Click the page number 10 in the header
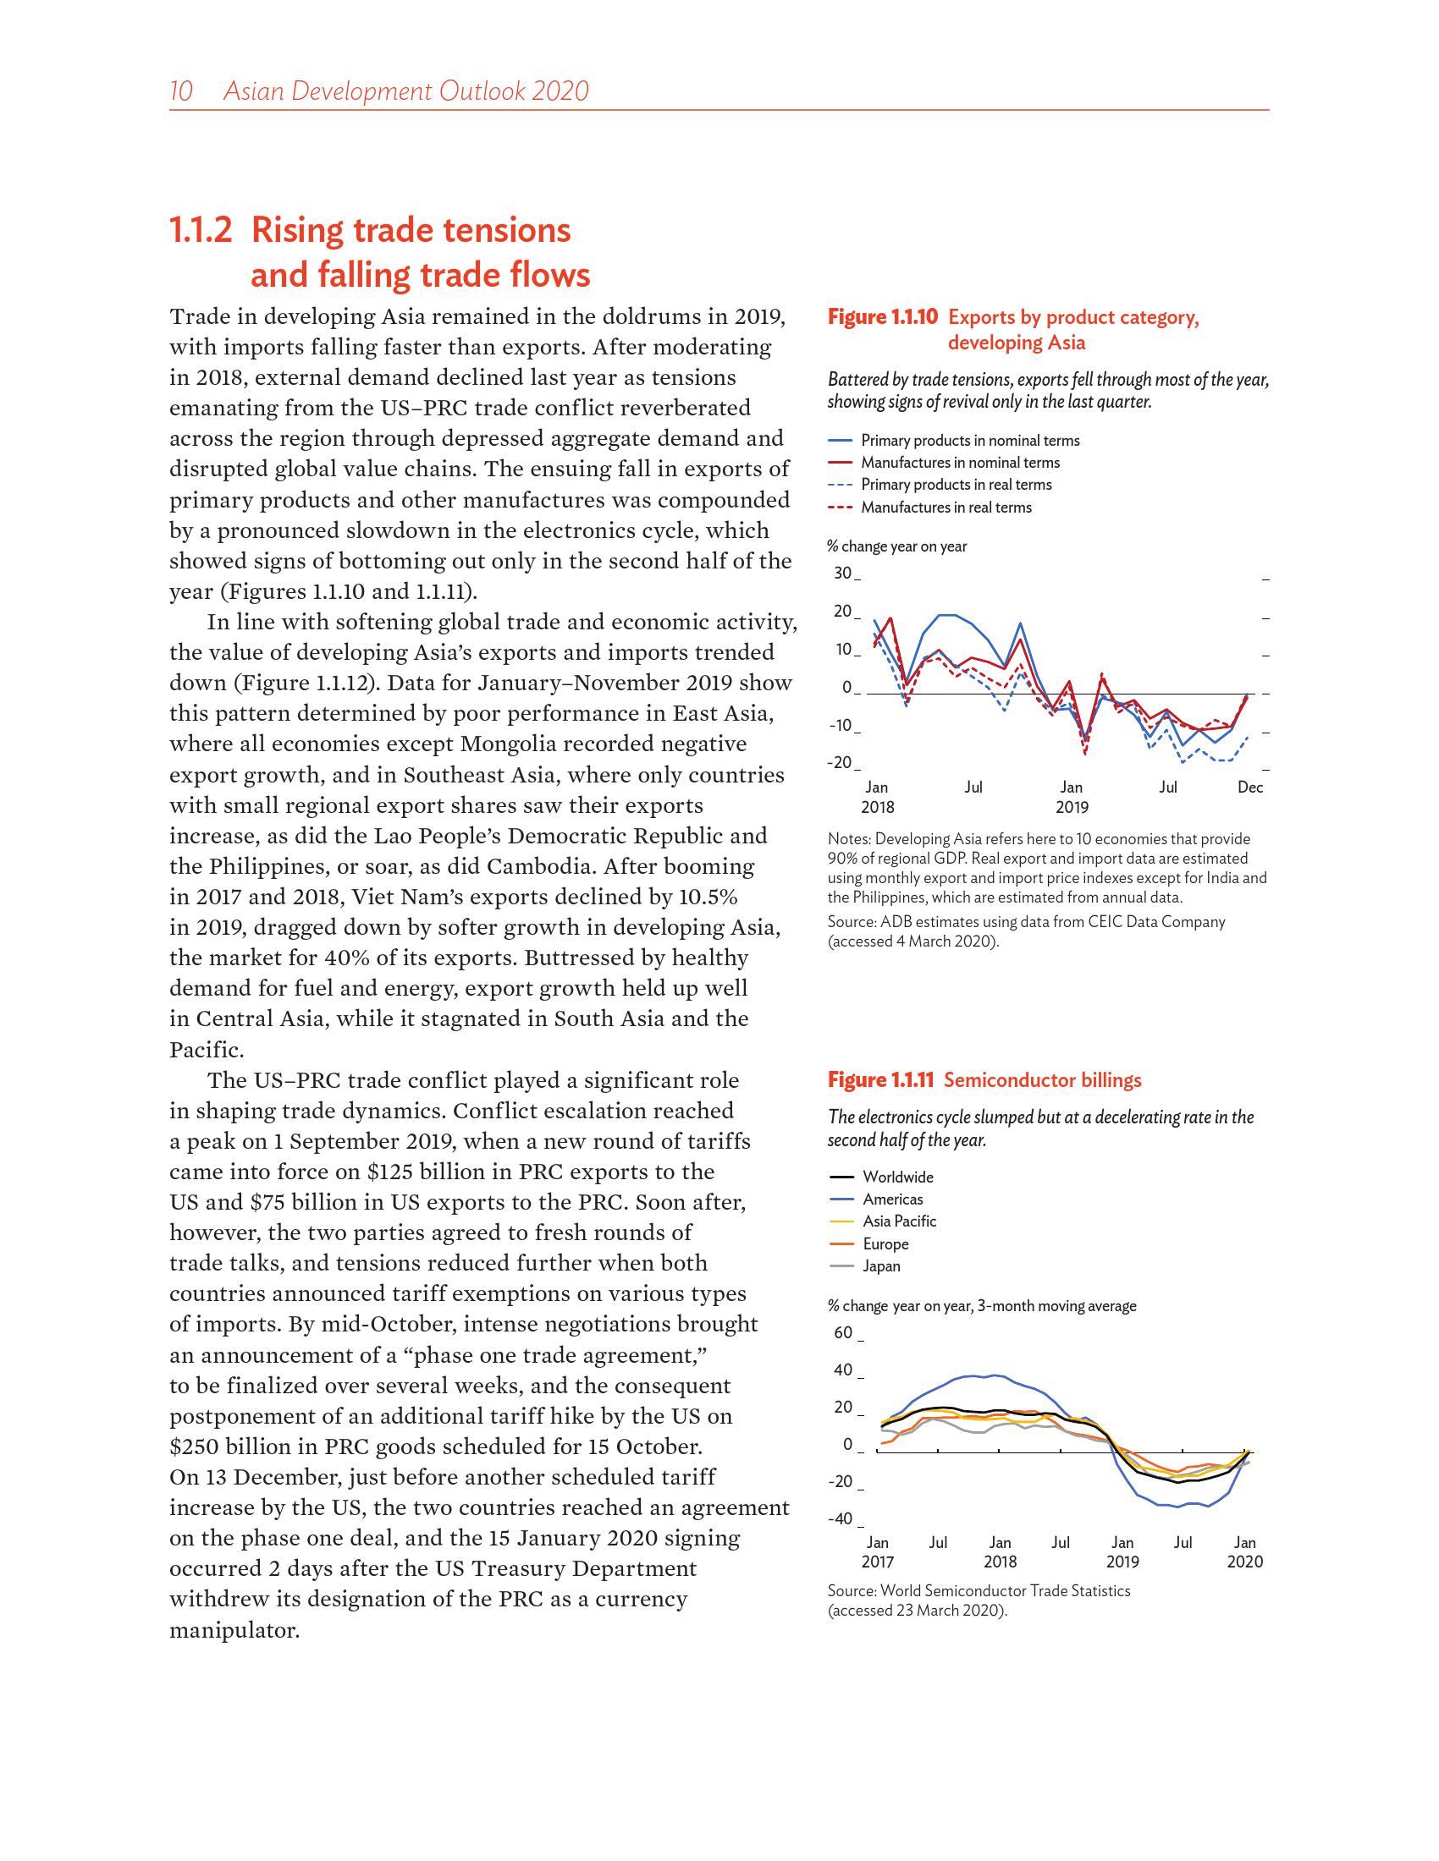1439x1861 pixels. (x=182, y=91)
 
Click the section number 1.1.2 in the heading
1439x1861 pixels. (x=201, y=231)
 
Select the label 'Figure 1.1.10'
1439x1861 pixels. (x=882, y=318)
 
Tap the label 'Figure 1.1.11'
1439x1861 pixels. (x=881, y=1080)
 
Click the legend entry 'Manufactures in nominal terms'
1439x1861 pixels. (x=960, y=463)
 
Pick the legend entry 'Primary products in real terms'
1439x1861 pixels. (x=956, y=485)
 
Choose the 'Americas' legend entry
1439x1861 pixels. (x=892, y=1199)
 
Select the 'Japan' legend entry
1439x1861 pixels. (x=881, y=1265)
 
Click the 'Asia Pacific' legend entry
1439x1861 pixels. (x=899, y=1221)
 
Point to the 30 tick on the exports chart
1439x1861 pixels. (x=842, y=573)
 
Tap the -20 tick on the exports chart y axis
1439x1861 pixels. (x=839, y=763)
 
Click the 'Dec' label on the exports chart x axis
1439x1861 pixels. (x=1249, y=788)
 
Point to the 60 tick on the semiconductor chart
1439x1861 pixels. (x=842, y=1332)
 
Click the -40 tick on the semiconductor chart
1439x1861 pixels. (x=840, y=1518)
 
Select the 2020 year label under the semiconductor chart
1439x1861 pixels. (x=1244, y=1562)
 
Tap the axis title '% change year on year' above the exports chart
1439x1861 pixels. (x=896, y=546)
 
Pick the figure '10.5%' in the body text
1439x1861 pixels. (x=702, y=897)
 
